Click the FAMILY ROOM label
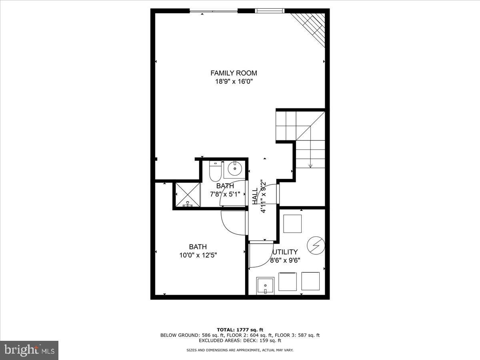234,73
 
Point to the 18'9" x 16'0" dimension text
234,82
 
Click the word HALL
255,196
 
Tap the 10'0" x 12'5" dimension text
198,255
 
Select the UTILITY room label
285,252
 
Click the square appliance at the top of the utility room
292,224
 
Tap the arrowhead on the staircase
310,166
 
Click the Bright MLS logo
29,350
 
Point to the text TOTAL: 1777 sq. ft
240,330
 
